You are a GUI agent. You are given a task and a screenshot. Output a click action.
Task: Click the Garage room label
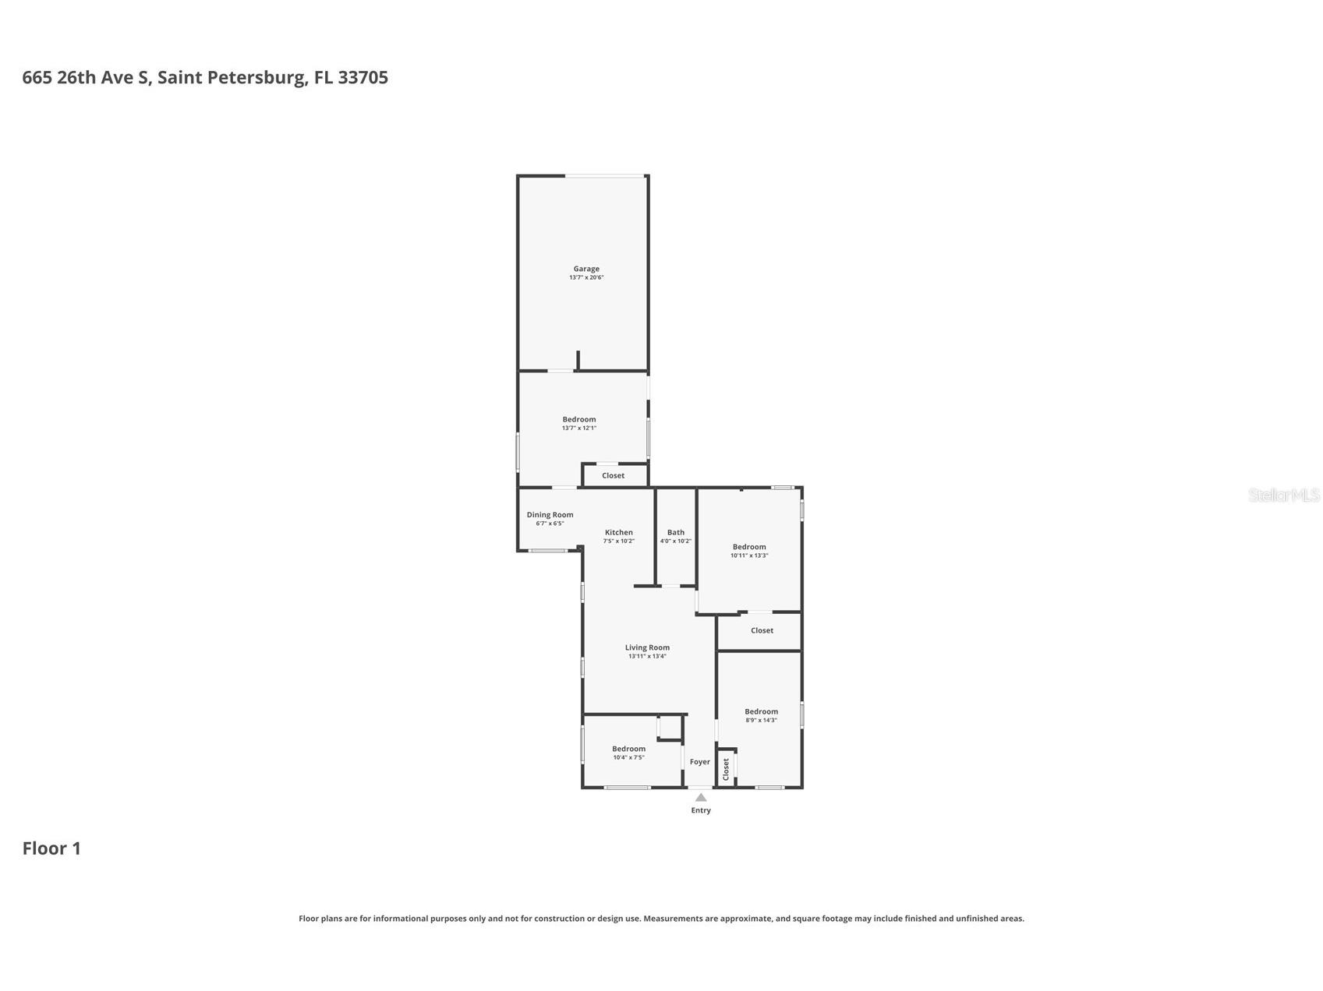[586, 269]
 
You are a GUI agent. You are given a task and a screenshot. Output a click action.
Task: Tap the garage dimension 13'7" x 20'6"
[586, 277]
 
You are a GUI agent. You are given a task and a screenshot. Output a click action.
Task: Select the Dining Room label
[550, 515]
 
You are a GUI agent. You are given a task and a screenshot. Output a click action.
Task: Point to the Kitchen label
[618, 533]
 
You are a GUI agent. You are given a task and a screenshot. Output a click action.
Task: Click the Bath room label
[675, 533]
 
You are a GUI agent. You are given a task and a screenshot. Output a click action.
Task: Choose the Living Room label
[647, 647]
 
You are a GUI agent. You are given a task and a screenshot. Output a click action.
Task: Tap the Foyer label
[699, 762]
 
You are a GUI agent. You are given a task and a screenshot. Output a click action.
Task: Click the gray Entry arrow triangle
[701, 797]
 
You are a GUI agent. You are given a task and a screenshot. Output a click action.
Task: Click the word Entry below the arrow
[701, 810]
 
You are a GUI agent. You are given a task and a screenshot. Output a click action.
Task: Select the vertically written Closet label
[726, 769]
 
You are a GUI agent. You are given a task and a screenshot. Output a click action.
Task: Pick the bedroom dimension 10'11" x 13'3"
[749, 555]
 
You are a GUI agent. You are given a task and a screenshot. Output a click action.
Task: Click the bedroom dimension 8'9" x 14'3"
[761, 720]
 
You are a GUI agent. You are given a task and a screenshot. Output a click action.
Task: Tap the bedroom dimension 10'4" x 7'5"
[628, 757]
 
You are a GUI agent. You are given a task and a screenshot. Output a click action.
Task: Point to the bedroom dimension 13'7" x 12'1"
[578, 428]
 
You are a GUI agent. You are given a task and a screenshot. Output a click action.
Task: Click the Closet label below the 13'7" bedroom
[613, 476]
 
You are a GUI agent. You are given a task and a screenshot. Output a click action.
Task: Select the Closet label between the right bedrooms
[762, 630]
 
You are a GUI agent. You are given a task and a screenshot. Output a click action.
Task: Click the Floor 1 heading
[51, 848]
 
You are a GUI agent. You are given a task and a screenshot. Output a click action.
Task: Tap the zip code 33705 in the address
[363, 77]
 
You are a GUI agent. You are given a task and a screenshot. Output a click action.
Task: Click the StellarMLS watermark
[1283, 495]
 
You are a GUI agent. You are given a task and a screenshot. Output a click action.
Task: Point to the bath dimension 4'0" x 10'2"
[675, 541]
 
